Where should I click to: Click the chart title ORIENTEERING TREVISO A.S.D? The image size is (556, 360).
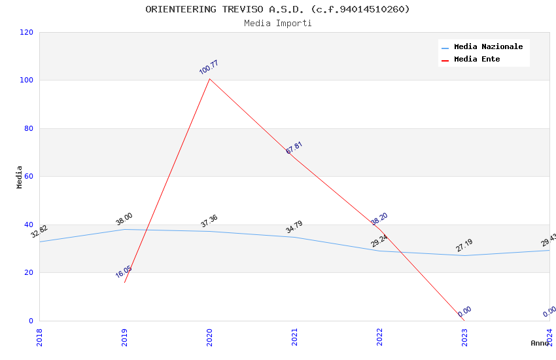click(277, 9)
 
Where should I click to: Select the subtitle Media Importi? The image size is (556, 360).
click(277, 24)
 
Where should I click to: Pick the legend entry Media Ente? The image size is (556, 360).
click(477, 60)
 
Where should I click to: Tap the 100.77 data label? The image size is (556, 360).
click(209, 67)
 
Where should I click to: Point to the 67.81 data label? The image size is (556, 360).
click(294, 148)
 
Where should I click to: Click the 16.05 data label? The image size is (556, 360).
click(124, 272)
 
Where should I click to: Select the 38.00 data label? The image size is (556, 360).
click(124, 219)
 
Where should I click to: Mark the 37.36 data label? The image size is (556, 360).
click(209, 221)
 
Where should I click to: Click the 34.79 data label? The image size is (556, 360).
click(294, 227)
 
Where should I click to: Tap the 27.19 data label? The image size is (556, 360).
click(464, 245)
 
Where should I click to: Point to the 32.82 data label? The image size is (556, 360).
click(39, 231)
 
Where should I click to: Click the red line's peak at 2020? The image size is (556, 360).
click(209, 79)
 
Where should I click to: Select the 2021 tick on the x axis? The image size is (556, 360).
click(294, 337)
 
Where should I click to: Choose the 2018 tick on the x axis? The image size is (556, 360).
click(39, 337)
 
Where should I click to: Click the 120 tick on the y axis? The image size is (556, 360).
click(27, 32)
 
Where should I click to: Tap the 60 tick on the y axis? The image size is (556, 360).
click(29, 177)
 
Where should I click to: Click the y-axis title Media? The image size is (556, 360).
click(20, 177)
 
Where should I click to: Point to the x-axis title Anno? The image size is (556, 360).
click(540, 343)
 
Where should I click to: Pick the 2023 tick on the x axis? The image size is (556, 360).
click(464, 337)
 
